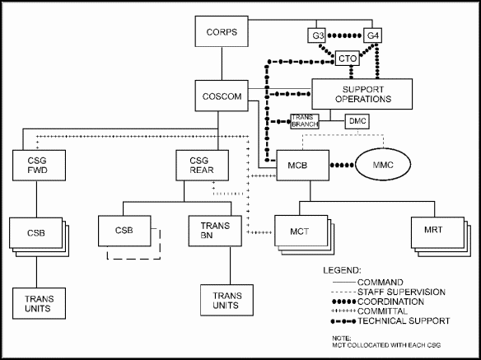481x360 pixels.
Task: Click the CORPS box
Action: tap(222, 31)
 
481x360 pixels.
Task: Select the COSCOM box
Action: tap(222, 96)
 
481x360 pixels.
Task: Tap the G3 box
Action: tap(316, 35)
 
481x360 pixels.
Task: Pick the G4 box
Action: tap(372, 35)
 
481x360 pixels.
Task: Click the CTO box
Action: tap(348, 58)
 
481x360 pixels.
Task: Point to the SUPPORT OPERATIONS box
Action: tap(362, 94)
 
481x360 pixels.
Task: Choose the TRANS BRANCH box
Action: tap(305, 122)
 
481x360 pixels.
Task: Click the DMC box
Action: tap(357, 122)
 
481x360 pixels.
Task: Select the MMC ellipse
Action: tap(383, 165)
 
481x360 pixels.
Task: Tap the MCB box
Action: tap(303, 165)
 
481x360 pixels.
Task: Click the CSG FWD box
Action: tap(39, 165)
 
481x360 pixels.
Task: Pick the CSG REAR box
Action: tap(202, 165)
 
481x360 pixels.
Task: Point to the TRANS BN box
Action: tap(215, 231)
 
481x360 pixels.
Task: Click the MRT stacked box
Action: tap(441, 237)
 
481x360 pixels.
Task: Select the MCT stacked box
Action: tap(304, 235)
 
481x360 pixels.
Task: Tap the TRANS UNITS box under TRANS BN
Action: tap(227, 300)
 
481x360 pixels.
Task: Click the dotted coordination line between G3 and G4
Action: tap(344, 36)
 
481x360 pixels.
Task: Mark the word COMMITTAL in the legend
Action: tap(382, 311)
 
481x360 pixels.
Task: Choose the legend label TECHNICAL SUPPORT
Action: tap(404, 321)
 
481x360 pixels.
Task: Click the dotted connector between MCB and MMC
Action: tap(342, 165)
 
